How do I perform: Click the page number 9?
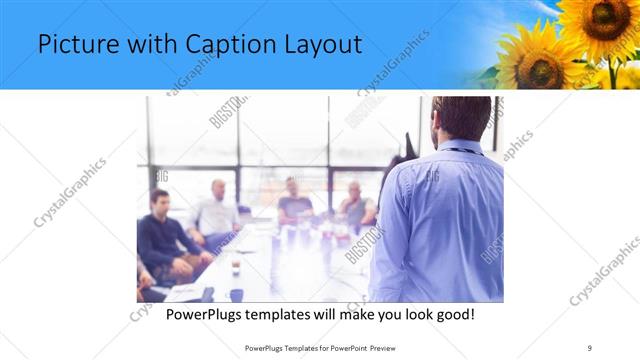pyautogui.click(x=590, y=347)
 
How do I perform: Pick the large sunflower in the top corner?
pyautogui.click(x=598, y=25)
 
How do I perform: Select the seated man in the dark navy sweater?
pyautogui.click(x=162, y=235)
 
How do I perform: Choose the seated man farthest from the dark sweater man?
pyautogui.click(x=355, y=205)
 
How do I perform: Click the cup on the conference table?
pyautogui.click(x=235, y=265)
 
